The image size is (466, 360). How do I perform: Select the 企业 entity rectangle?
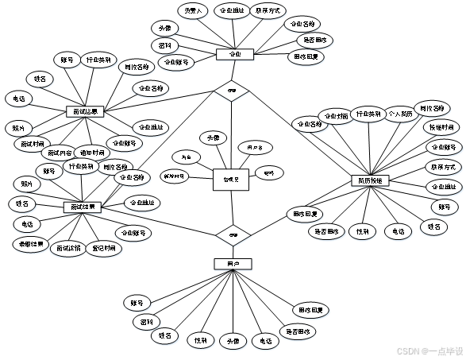tap(235, 55)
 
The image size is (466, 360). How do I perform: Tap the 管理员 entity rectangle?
tap(231, 180)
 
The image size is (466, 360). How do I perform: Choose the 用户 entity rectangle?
tap(233, 263)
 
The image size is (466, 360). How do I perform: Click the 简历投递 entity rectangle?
tap(370, 181)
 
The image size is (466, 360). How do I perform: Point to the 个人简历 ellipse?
tap(401, 114)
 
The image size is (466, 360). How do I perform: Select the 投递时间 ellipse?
tap(441, 128)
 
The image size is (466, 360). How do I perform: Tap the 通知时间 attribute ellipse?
tap(91, 151)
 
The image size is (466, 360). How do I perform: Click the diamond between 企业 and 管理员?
tap(232, 91)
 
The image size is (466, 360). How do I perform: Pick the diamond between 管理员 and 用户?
tap(233, 234)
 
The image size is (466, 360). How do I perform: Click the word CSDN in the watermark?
tap(406, 350)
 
